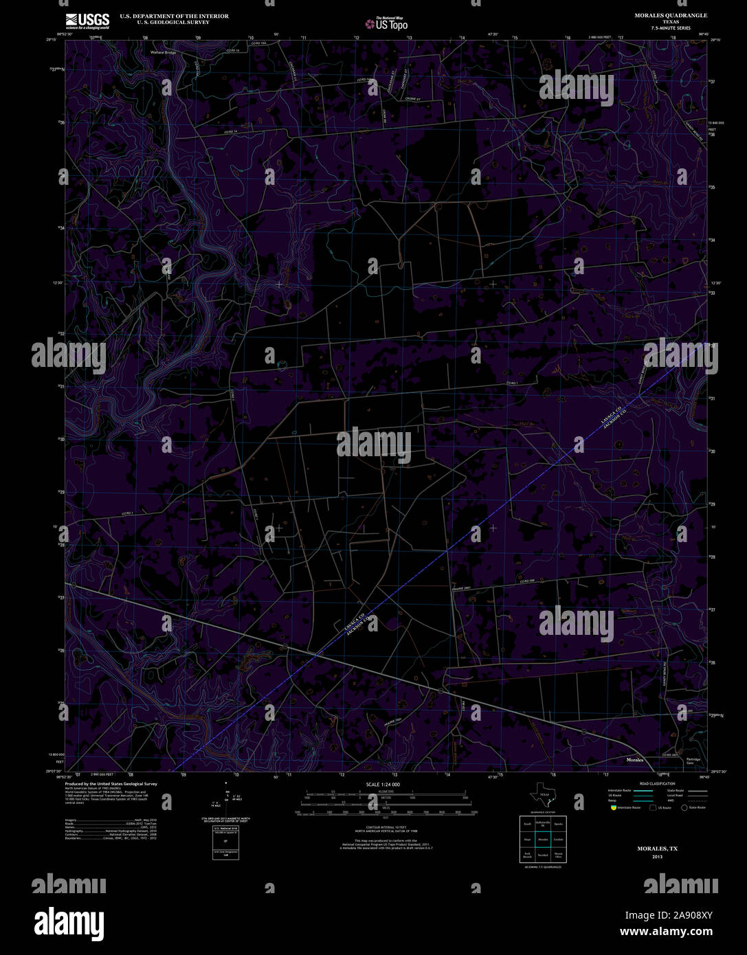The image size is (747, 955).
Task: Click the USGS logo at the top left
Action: pos(87,21)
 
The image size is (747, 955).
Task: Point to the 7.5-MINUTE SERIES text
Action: pos(671,28)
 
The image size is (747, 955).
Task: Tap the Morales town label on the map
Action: pos(636,761)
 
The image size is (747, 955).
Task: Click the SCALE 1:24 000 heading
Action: pos(383,784)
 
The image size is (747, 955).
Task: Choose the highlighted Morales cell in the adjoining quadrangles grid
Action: pos(543,839)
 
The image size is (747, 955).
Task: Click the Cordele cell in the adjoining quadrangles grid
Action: pos(558,839)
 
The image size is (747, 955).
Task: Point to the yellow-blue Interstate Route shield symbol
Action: pos(612,808)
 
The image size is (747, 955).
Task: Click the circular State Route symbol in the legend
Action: pos(684,808)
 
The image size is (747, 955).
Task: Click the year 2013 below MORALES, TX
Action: pos(658,857)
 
